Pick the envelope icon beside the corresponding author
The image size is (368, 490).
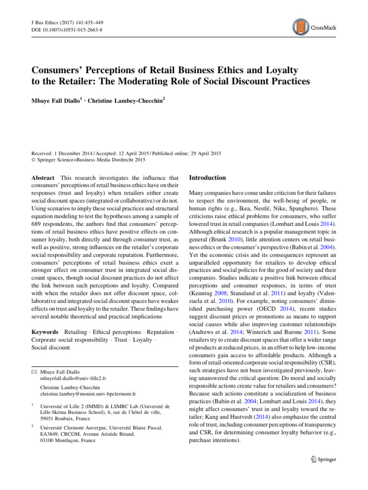pos(35,358)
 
